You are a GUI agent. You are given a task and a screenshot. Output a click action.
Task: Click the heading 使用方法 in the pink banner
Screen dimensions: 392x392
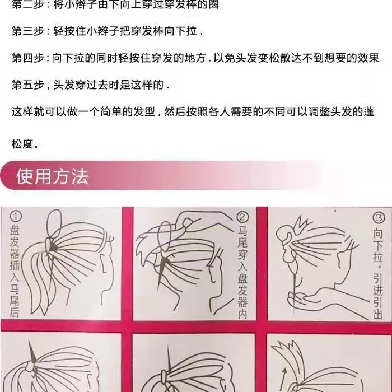click(53, 176)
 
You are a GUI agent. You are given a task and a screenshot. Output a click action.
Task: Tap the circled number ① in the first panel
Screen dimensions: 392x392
click(16, 216)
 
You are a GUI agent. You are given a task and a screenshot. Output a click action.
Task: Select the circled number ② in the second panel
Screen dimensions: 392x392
click(242, 217)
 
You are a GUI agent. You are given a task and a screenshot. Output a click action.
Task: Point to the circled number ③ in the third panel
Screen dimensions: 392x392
click(379, 218)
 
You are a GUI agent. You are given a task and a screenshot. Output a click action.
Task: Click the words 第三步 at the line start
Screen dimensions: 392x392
click(28, 31)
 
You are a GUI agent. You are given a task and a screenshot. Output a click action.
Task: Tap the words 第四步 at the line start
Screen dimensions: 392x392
click(28, 58)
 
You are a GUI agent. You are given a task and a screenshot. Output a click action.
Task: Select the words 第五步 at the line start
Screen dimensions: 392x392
click(28, 85)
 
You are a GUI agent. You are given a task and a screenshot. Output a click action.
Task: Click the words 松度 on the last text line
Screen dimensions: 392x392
click(22, 144)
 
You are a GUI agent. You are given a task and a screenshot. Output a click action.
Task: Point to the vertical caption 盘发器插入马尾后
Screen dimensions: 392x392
click(15, 271)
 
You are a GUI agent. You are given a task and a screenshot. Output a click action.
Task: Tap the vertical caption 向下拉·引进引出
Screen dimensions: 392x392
click(378, 273)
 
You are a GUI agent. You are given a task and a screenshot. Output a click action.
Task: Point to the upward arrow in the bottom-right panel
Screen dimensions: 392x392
click(283, 380)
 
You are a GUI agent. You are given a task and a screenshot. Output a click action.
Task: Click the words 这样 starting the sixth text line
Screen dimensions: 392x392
click(22, 111)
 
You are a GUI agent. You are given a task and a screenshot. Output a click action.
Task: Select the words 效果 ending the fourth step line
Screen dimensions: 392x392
click(368, 58)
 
